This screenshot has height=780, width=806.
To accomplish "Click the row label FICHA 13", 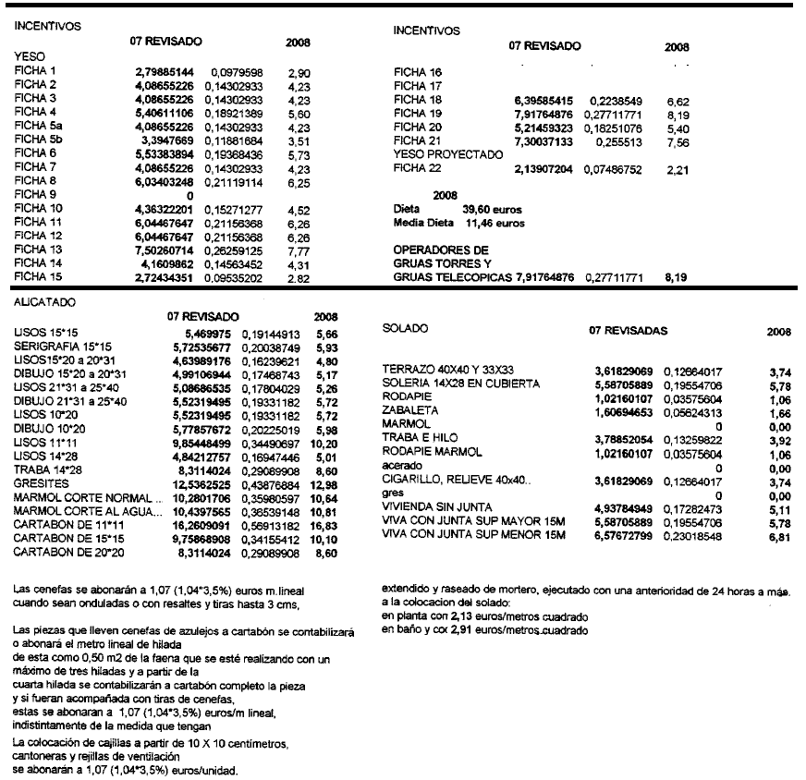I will pos(37,250).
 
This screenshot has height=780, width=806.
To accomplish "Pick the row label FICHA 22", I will pos(418,167).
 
